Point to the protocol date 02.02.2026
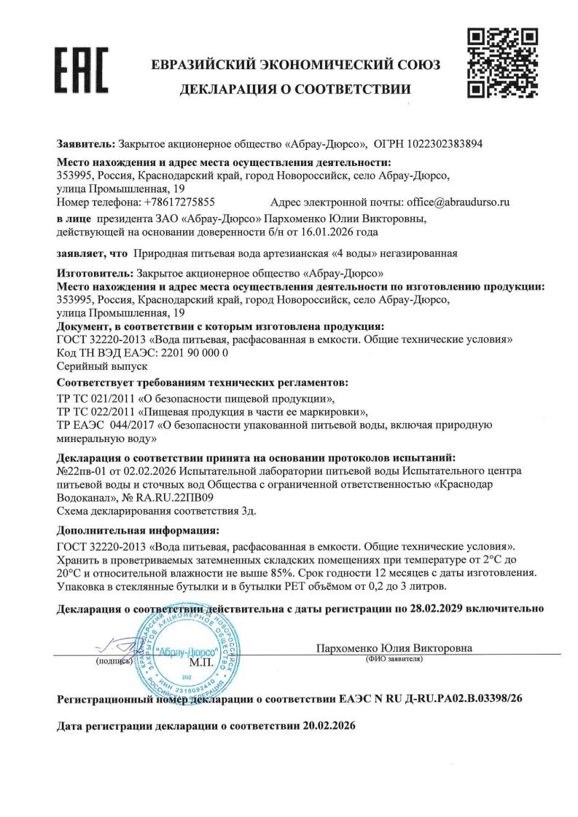click(x=138, y=472)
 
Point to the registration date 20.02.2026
click(x=326, y=727)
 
